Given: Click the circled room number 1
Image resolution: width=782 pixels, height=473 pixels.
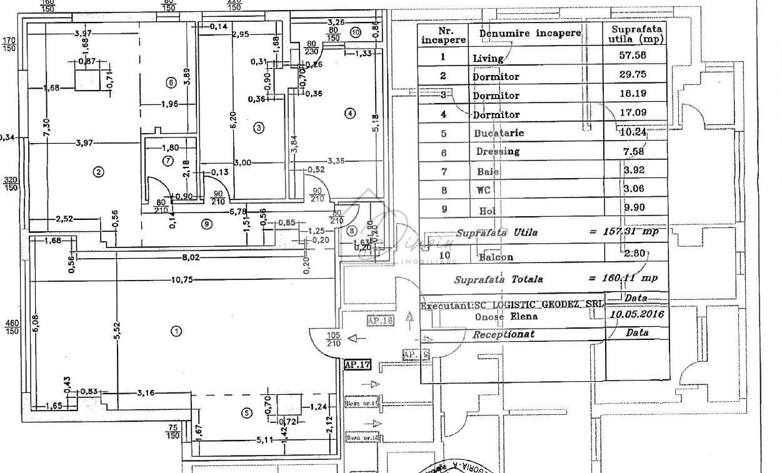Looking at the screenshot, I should pyautogui.click(x=176, y=331).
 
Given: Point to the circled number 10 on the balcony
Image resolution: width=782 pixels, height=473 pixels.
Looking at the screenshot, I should pyautogui.click(x=356, y=32).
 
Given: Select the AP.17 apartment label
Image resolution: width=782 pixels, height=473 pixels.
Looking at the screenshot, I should pyautogui.click(x=358, y=365).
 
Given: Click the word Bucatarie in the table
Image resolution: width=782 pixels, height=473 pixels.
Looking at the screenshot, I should pyautogui.click(x=499, y=133).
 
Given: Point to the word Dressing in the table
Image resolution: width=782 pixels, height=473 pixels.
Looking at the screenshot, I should pyautogui.click(x=498, y=151).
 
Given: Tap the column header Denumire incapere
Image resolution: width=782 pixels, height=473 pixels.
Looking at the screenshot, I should pyautogui.click(x=530, y=33).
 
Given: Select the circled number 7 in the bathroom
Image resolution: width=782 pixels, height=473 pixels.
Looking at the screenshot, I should pyautogui.click(x=167, y=161).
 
